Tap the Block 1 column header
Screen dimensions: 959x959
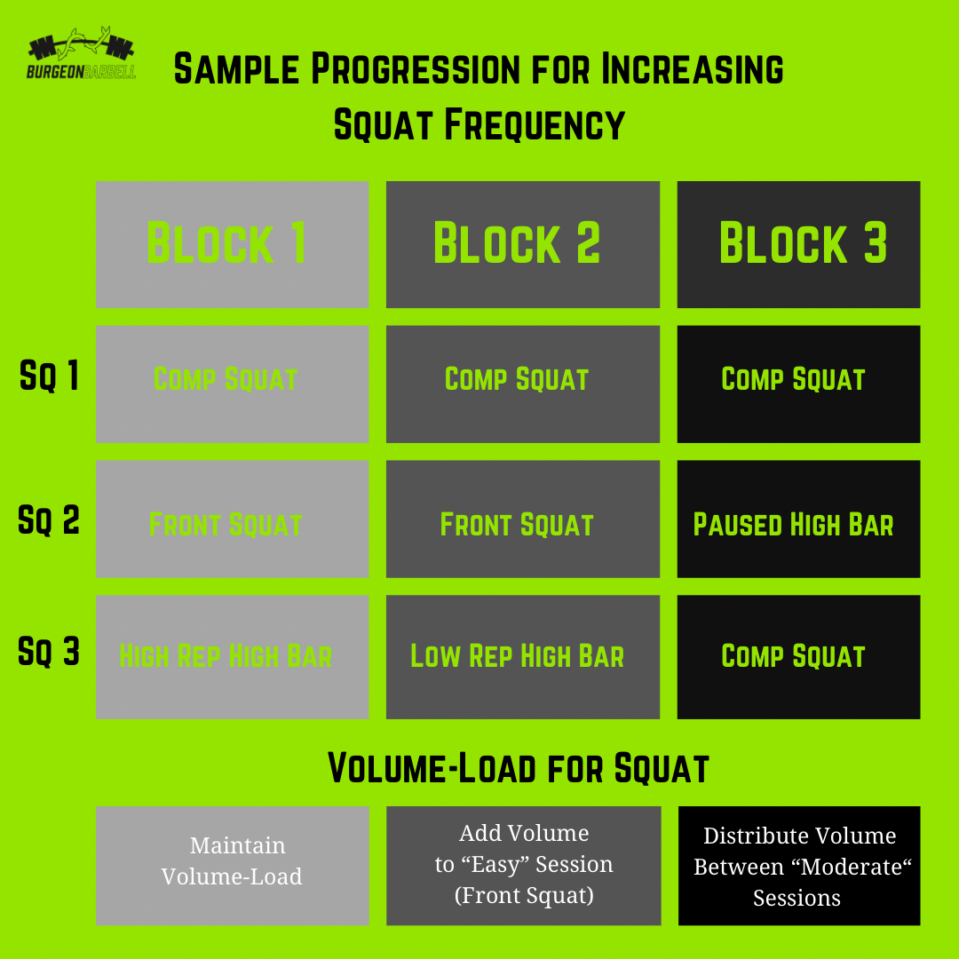tap(232, 244)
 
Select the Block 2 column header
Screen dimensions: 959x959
tap(522, 244)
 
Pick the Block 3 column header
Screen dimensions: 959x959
tap(798, 244)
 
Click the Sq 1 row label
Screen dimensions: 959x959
tap(49, 377)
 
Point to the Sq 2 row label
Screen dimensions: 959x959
tap(49, 519)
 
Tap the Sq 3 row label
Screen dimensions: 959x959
tap(49, 653)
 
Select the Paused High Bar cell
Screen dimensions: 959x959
tap(798, 524)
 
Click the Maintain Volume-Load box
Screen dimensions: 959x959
tap(232, 861)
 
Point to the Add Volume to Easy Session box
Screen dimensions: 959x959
tap(523, 865)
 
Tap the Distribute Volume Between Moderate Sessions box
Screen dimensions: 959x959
tap(798, 867)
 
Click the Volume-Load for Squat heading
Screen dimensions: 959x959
tap(519, 769)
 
